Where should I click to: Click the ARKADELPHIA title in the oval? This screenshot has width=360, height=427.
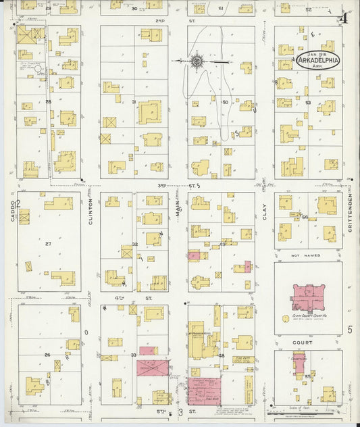click(317, 61)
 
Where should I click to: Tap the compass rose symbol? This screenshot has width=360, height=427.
click(197, 61)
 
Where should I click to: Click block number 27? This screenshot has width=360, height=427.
click(48, 243)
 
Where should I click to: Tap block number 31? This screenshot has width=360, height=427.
click(134, 102)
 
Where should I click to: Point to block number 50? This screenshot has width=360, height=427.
click(226, 102)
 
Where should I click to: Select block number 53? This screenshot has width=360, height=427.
click(307, 102)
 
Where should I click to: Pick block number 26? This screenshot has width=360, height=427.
click(47, 355)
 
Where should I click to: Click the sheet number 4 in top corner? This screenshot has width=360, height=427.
click(344, 18)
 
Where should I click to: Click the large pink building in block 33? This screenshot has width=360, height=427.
click(153, 368)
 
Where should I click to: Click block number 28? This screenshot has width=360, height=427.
click(49, 102)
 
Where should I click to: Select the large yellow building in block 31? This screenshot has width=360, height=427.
click(150, 111)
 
